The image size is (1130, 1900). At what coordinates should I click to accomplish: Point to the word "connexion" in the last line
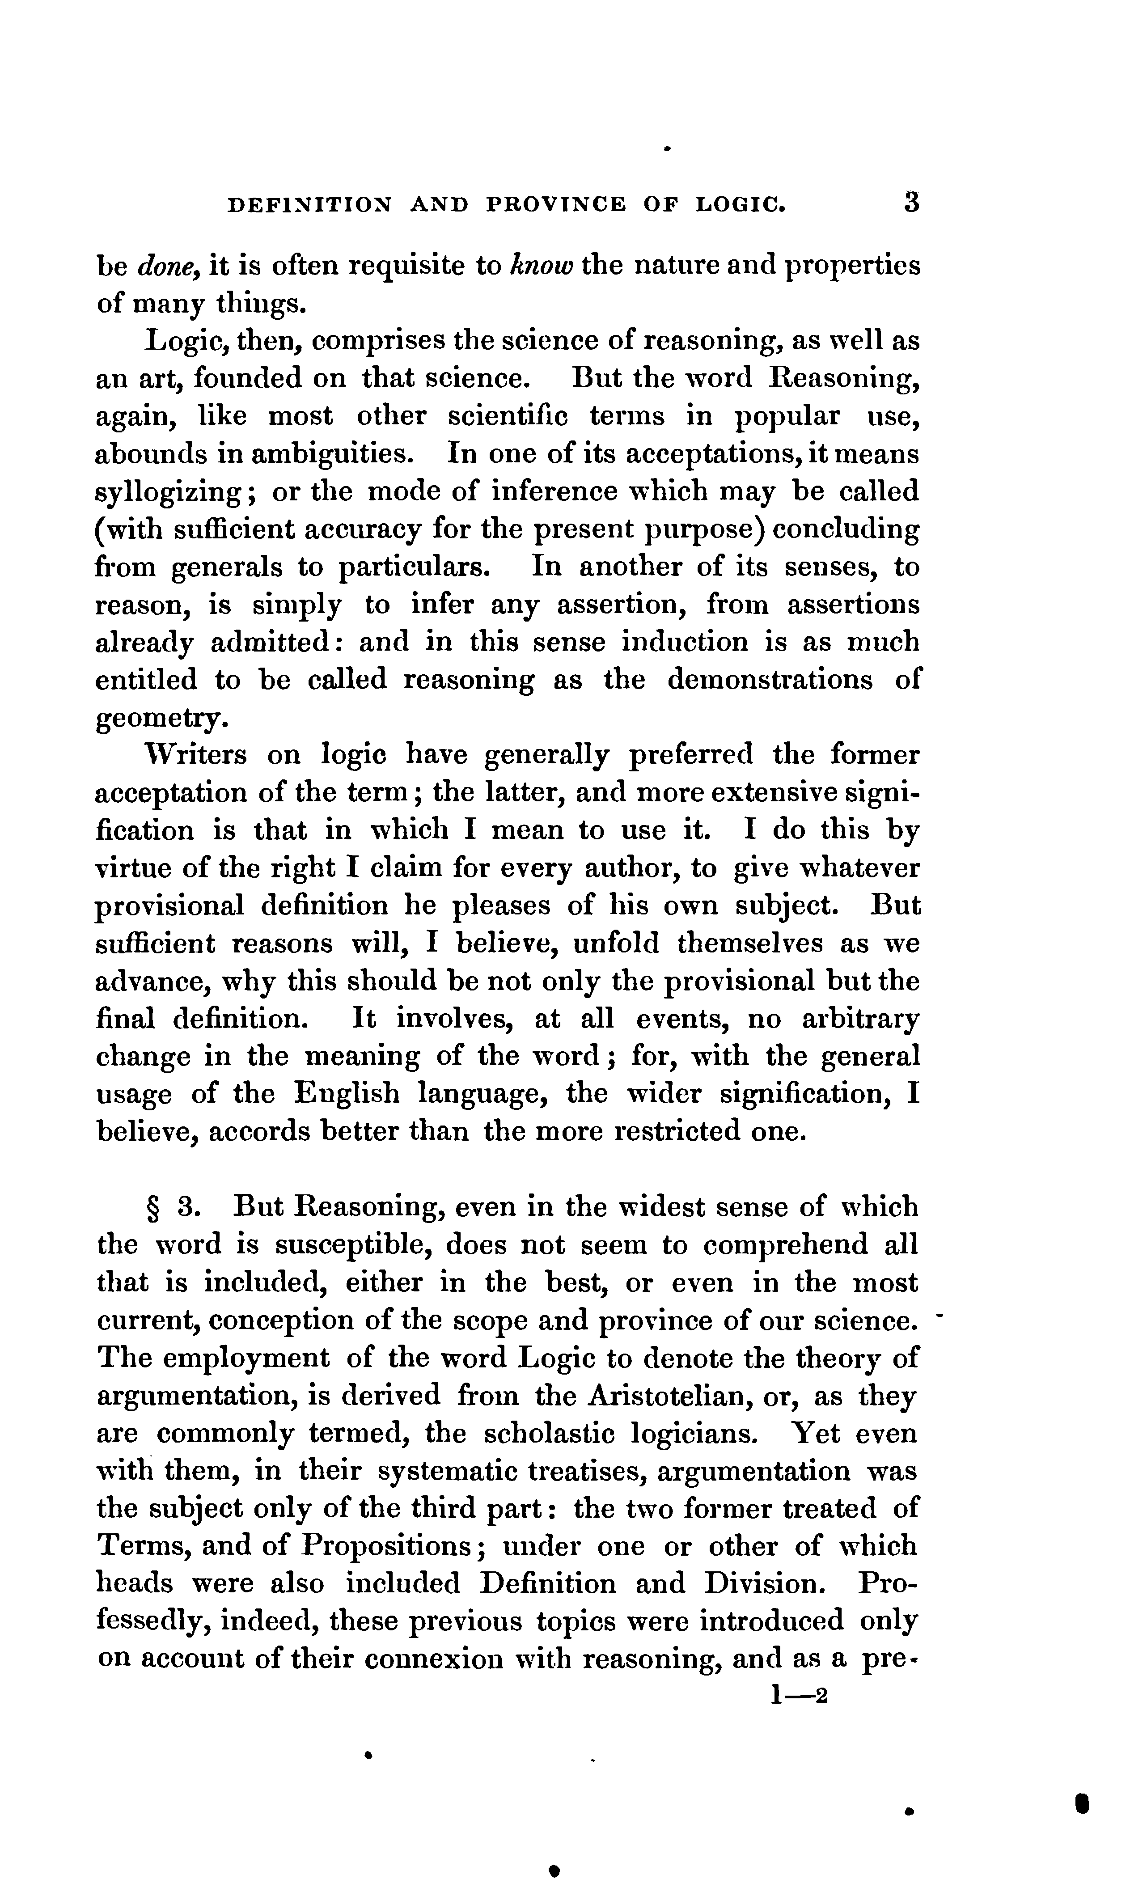click(x=434, y=1659)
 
